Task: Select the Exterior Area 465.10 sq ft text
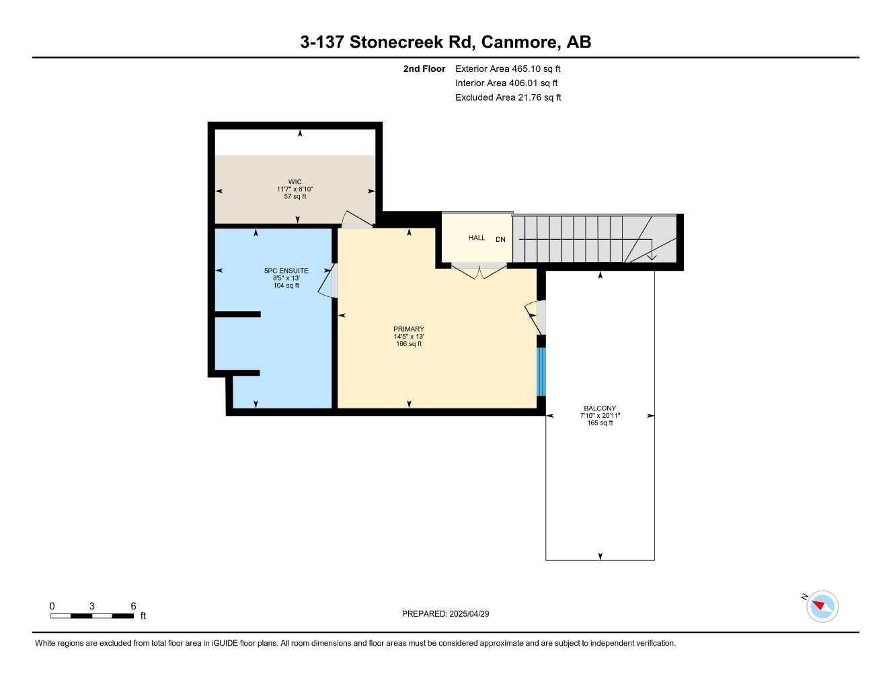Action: click(508, 69)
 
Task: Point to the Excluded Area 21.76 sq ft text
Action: click(508, 97)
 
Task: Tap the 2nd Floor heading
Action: click(424, 69)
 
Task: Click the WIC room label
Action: click(295, 181)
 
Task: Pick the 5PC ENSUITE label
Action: click(286, 271)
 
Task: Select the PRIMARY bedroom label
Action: click(409, 329)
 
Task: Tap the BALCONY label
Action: click(600, 408)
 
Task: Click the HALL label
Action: click(477, 238)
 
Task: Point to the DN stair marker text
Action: click(500, 239)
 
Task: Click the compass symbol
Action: click(822, 607)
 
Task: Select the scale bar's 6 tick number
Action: click(133, 606)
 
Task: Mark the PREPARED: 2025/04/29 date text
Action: click(445, 613)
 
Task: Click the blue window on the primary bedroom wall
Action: click(541, 372)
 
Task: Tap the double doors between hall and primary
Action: click(478, 272)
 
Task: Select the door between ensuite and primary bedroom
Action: click(327, 281)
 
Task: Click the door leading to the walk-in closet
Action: click(356, 220)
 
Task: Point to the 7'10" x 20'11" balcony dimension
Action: click(600, 416)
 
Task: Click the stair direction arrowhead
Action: click(652, 257)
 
